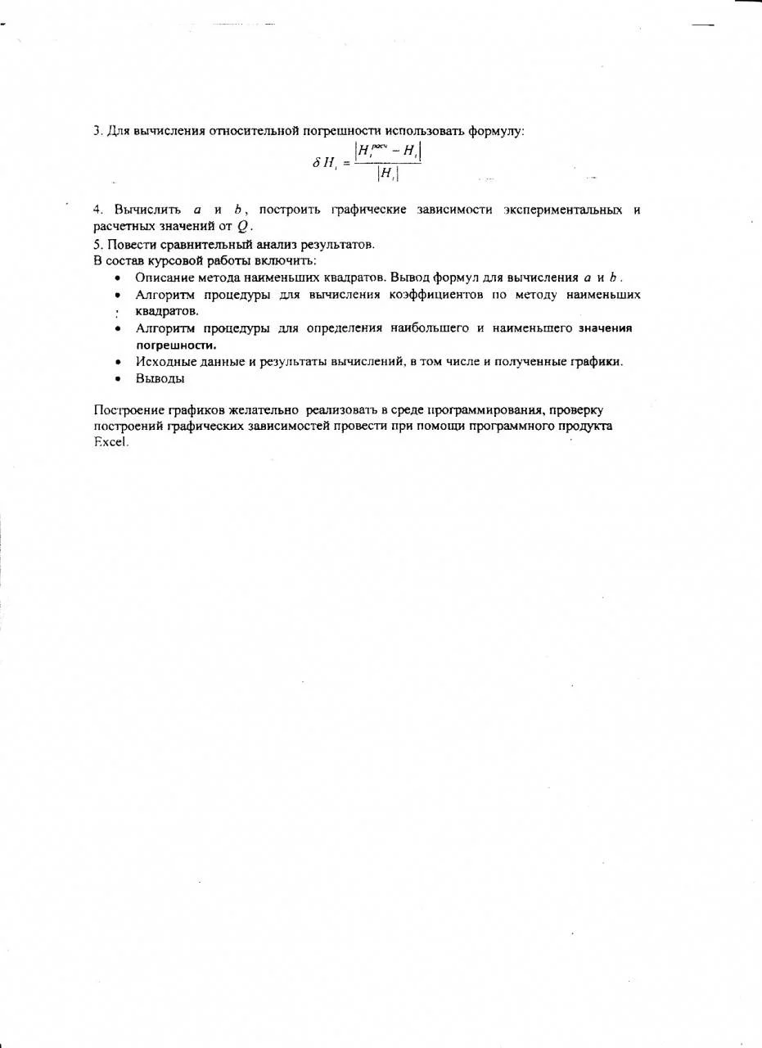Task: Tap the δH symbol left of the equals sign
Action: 325,162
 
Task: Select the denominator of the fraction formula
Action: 388,174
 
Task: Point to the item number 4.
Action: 97,210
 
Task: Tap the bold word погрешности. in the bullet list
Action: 169,345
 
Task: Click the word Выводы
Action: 160,378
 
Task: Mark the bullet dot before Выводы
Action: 118,379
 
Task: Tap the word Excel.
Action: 111,442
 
